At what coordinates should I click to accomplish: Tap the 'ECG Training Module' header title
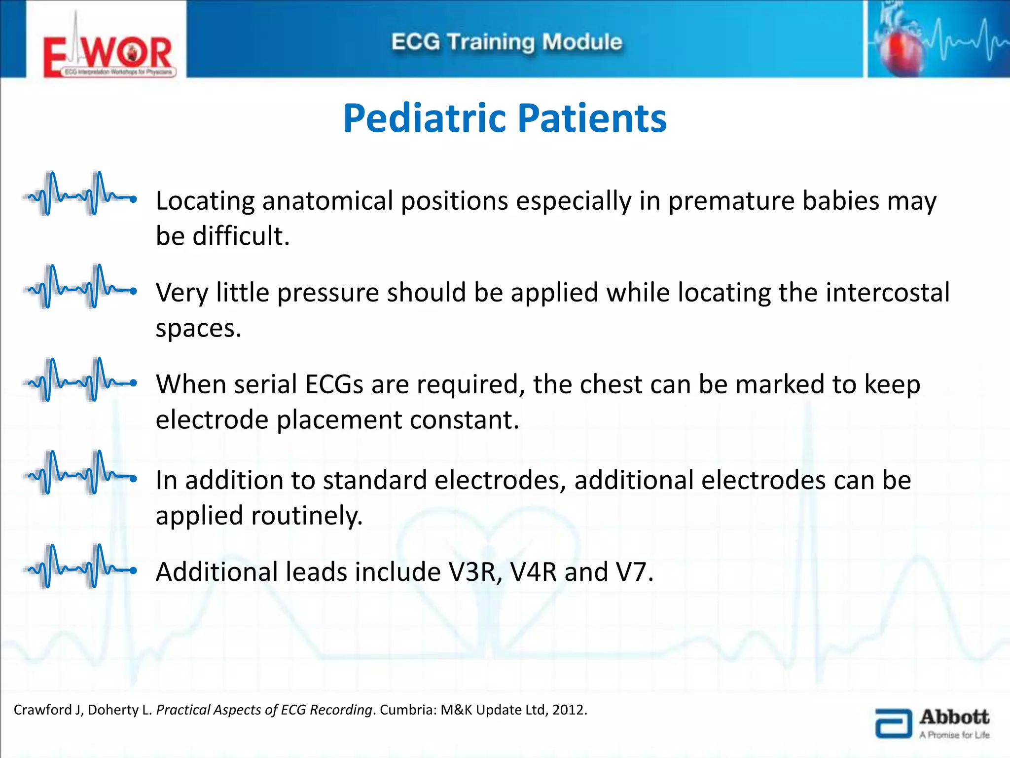coord(506,42)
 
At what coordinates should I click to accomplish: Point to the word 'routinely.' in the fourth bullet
coord(307,516)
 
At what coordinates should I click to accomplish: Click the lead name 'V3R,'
coord(475,572)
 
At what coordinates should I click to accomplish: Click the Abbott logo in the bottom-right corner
coord(932,723)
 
